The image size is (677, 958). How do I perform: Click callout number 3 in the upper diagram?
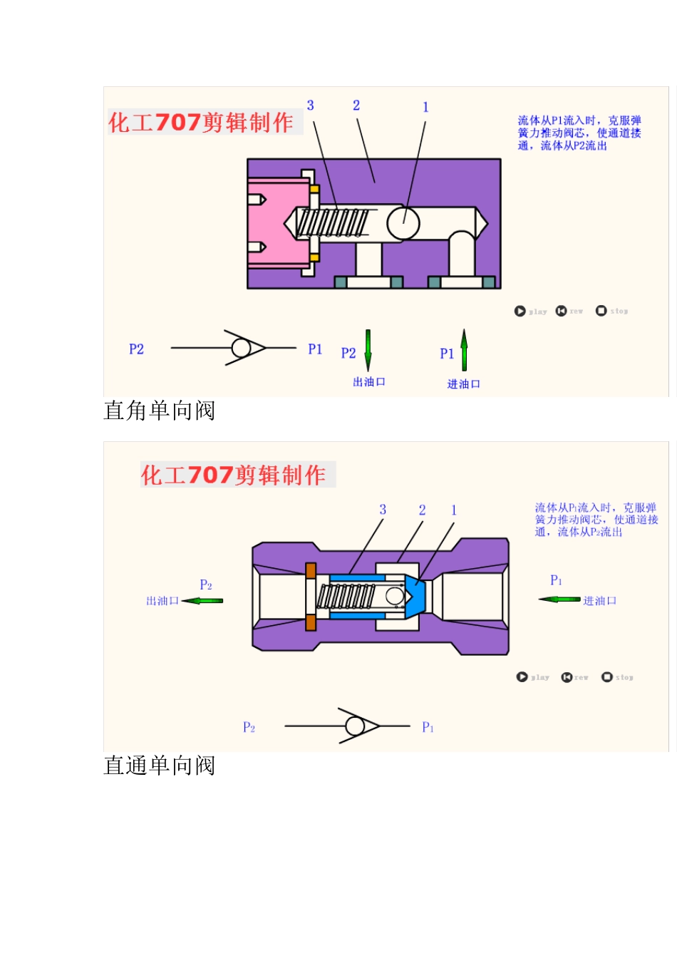pos(311,105)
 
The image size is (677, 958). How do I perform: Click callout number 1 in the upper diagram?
pos(425,107)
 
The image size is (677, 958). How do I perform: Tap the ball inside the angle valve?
pos(403,223)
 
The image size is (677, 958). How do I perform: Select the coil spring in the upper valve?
pos(333,222)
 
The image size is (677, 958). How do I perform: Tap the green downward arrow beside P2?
pos(368,349)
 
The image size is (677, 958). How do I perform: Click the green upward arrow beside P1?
pos(464,350)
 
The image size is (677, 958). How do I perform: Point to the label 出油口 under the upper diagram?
pos(369,382)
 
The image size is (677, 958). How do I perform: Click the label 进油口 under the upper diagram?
pos(464,384)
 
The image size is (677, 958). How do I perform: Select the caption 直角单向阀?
pos(159,411)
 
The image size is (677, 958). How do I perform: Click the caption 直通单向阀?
pos(159,766)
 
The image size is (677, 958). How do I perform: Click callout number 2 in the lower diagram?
pos(422,510)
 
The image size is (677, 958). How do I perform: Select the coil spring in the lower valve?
pos(346,596)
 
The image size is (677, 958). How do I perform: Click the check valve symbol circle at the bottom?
pos(354,726)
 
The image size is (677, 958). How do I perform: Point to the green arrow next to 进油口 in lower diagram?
pos(559,599)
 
